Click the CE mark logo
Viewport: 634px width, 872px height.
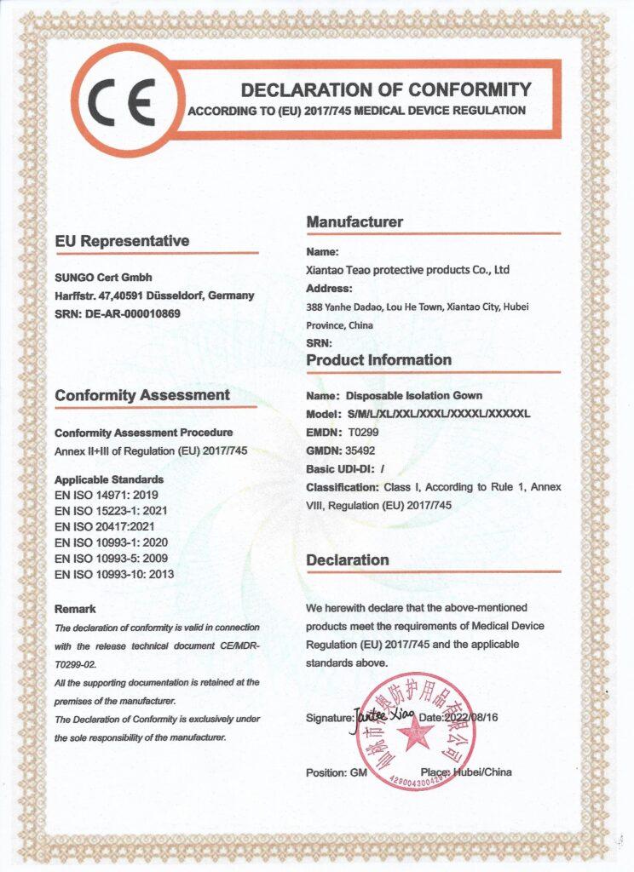pos(125,101)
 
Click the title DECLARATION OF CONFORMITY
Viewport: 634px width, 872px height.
pos(385,89)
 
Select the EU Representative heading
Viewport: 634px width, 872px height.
pos(122,241)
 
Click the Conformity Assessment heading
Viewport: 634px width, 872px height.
pos(142,395)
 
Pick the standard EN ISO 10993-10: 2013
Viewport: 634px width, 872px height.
pos(114,575)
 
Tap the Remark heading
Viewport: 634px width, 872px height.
pos(75,609)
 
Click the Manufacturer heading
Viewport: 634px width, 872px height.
pos(354,222)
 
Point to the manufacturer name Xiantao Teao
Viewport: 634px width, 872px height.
pos(407,270)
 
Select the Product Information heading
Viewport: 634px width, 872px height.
pos(378,360)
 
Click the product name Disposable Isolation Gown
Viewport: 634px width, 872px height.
pos(413,396)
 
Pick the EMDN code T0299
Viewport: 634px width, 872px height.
pos(364,433)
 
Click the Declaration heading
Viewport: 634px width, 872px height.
pos(347,560)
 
